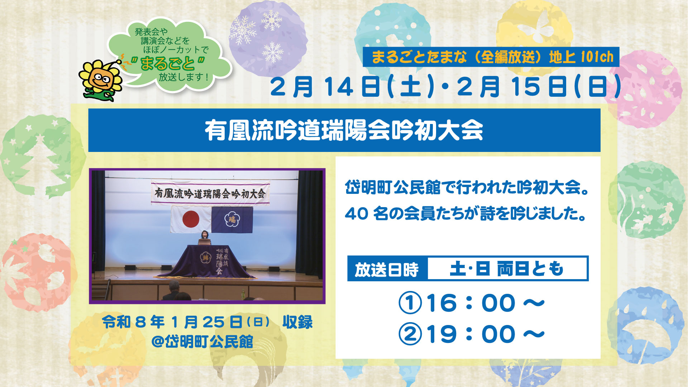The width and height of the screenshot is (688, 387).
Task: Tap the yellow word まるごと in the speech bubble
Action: tap(167, 64)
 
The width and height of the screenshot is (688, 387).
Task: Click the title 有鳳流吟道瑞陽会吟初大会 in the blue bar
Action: tap(344, 130)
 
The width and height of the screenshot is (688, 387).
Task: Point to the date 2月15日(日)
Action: tap(539, 87)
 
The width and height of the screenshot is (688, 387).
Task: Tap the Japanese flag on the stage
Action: tap(191, 219)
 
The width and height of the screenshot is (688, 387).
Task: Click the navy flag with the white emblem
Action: tap(232, 219)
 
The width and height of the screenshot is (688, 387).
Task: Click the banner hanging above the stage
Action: tap(210, 193)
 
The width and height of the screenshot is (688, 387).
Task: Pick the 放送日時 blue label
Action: tap(387, 269)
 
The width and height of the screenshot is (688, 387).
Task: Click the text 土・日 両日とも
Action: tap(507, 268)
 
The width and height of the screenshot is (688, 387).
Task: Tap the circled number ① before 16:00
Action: tap(410, 303)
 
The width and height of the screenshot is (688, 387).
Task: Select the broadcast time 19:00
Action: tap(471, 334)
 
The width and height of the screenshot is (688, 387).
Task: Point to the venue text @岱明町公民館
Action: tap(202, 342)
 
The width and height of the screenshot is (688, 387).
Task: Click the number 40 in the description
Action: tap(357, 214)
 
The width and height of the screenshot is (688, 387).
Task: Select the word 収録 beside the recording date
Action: tap(297, 322)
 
